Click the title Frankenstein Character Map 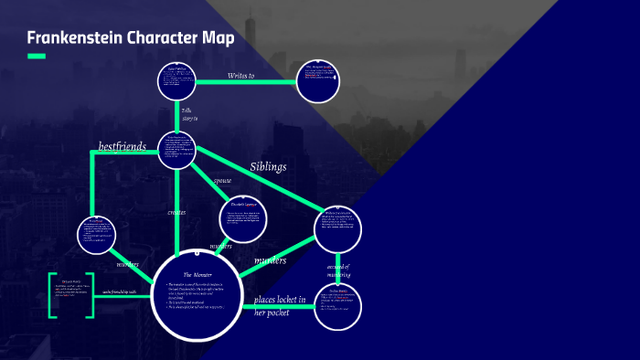[130, 38]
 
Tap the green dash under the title [37, 57]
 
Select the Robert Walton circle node [178, 79]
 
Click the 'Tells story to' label [188, 113]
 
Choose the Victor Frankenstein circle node [178, 151]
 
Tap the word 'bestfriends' [122, 146]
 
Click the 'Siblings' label [268, 167]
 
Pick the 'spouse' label [222, 181]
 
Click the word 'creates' [176, 212]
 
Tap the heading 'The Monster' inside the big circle [199, 274]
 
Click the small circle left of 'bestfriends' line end [95, 235]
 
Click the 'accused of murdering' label [338, 271]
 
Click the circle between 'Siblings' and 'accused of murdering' [338, 227]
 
